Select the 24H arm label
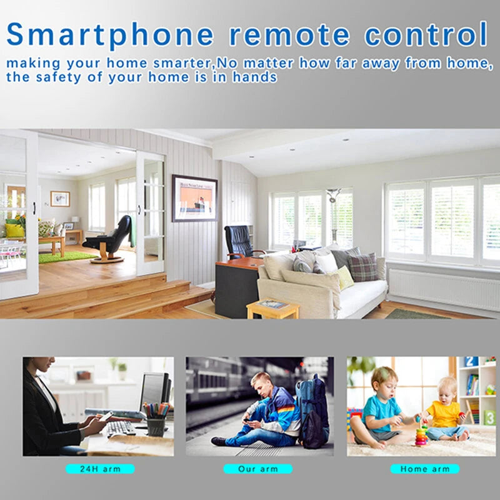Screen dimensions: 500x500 (x=99, y=468)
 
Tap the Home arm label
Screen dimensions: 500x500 (x=424, y=468)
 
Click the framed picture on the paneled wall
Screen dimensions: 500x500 (x=195, y=198)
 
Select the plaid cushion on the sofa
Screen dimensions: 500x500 (x=362, y=267)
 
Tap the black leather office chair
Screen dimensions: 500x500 (x=239, y=241)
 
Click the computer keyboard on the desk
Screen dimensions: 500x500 (x=121, y=427)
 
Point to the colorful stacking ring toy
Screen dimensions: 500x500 (x=421, y=434)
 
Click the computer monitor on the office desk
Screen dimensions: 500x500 (x=153, y=391)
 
